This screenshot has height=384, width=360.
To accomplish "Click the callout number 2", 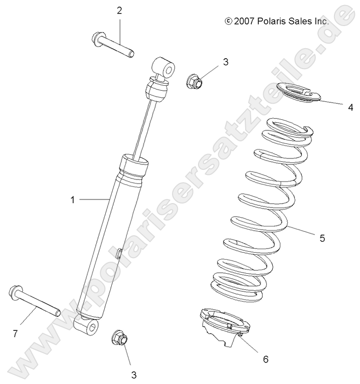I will coord(119,11).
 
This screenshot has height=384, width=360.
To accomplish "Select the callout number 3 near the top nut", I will coord(226,62).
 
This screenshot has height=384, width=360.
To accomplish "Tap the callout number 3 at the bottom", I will coord(133,373).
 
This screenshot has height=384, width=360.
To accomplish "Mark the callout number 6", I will coord(266,359).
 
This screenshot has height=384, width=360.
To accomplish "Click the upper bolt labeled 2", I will coord(113,45).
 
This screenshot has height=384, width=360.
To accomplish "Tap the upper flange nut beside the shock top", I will coord(194,81).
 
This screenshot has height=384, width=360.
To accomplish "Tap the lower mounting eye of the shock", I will coord(90,328).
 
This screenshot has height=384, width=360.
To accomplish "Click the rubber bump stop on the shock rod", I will coord(155,90).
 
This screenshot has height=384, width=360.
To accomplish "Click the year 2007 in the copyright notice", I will coord(245,22).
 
